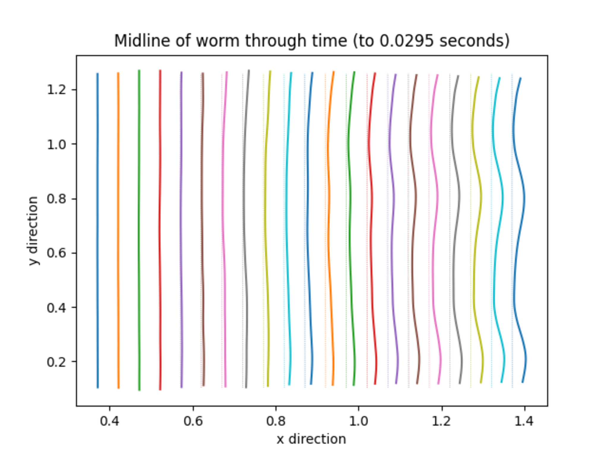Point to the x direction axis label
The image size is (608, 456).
click(x=311, y=439)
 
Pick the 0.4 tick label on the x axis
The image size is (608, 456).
click(x=110, y=421)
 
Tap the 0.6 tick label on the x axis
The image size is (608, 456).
click(x=193, y=421)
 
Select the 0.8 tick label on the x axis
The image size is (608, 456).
click(x=276, y=421)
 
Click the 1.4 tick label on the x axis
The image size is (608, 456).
click(x=524, y=421)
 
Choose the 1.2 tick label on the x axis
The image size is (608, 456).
click(x=441, y=421)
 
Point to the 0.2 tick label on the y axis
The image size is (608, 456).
click(x=56, y=362)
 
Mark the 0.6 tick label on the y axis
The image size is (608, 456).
click(x=56, y=253)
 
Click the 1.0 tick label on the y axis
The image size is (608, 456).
click(x=56, y=144)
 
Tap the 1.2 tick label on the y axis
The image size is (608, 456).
click(x=56, y=90)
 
